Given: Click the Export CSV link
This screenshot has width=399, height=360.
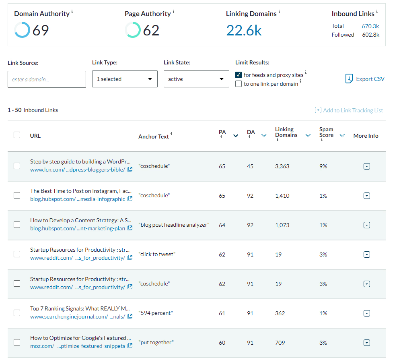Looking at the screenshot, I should coord(365,79).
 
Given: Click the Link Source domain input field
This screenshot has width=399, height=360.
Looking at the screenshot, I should coord(47,79).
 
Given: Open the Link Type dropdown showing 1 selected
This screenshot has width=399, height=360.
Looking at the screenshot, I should coord(124,79).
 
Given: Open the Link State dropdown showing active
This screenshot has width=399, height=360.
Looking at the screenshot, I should coord(196,79).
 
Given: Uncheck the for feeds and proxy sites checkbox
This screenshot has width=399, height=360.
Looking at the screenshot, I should coord(239,75).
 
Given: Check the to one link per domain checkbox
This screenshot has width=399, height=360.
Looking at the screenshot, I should coord(239,84).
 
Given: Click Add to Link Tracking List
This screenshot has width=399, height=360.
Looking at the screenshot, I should coord(349,110).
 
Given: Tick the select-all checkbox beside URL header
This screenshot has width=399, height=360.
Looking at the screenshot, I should coord(17,135).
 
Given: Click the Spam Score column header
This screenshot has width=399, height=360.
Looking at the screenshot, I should coord(326,132).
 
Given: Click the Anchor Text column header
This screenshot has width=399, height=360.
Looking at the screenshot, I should coord(153,137).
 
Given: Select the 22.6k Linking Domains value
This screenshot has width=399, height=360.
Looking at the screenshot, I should coord(244,30).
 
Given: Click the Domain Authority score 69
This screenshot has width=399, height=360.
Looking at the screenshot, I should coord(40,30).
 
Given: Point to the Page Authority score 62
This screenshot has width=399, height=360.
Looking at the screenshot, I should coord(151,30).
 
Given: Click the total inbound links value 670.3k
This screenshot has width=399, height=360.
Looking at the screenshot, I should coord(370,26).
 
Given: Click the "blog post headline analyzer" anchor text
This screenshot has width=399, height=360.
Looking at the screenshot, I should coord(174,225).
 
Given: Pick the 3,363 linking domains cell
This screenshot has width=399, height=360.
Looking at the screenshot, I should coord(282,166).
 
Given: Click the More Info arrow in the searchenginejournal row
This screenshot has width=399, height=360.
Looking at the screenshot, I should coord(366,313).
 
